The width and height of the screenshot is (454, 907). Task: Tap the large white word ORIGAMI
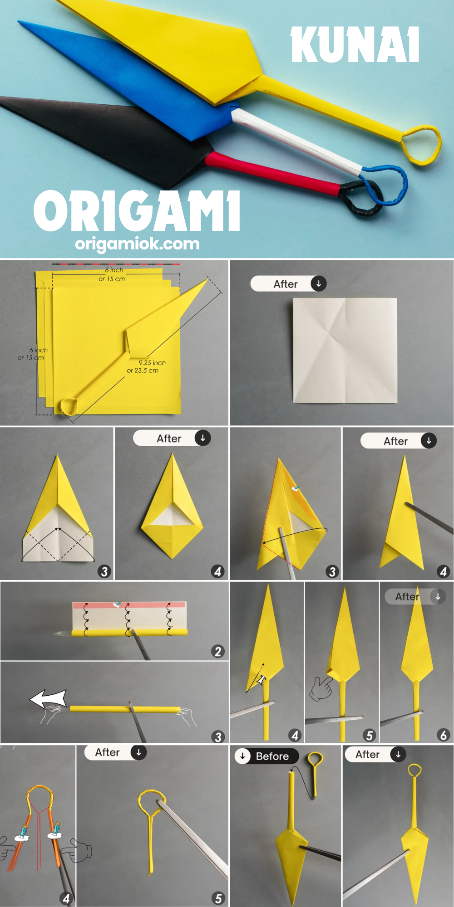(137, 211)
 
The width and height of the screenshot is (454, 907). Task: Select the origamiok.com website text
(137, 244)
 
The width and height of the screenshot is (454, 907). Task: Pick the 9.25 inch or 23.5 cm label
(146, 366)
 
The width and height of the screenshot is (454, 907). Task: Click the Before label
(272, 756)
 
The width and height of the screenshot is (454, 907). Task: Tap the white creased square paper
(345, 350)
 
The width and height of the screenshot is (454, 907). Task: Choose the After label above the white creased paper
(286, 284)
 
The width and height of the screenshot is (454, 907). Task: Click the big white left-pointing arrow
(49, 698)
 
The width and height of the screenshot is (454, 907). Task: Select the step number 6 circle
(444, 735)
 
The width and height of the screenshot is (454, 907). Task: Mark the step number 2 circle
(218, 651)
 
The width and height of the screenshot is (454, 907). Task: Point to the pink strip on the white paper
(129, 605)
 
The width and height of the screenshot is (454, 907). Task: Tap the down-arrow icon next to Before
(243, 756)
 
